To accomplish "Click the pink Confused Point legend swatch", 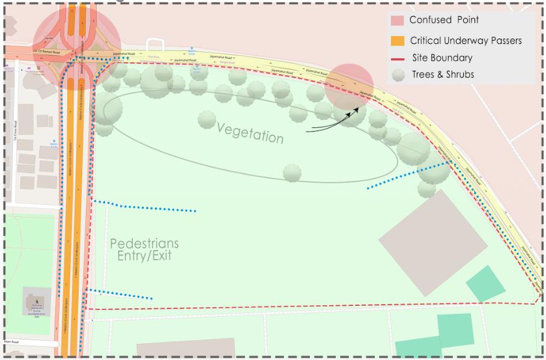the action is click(398, 20).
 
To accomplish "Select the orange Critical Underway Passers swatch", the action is click(398, 41).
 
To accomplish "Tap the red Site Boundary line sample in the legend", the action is click(398, 58).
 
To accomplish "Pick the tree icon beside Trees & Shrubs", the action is click(398, 75).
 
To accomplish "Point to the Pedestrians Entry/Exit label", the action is click(144, 249).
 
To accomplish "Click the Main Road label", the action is click(12, 341).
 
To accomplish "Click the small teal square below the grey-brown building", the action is click(486, 284).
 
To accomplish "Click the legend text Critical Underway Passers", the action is click(466, 41).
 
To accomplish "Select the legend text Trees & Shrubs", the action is click(442, 75).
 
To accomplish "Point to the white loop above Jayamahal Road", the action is click(154, 44).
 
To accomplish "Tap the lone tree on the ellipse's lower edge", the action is click(293, 172).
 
